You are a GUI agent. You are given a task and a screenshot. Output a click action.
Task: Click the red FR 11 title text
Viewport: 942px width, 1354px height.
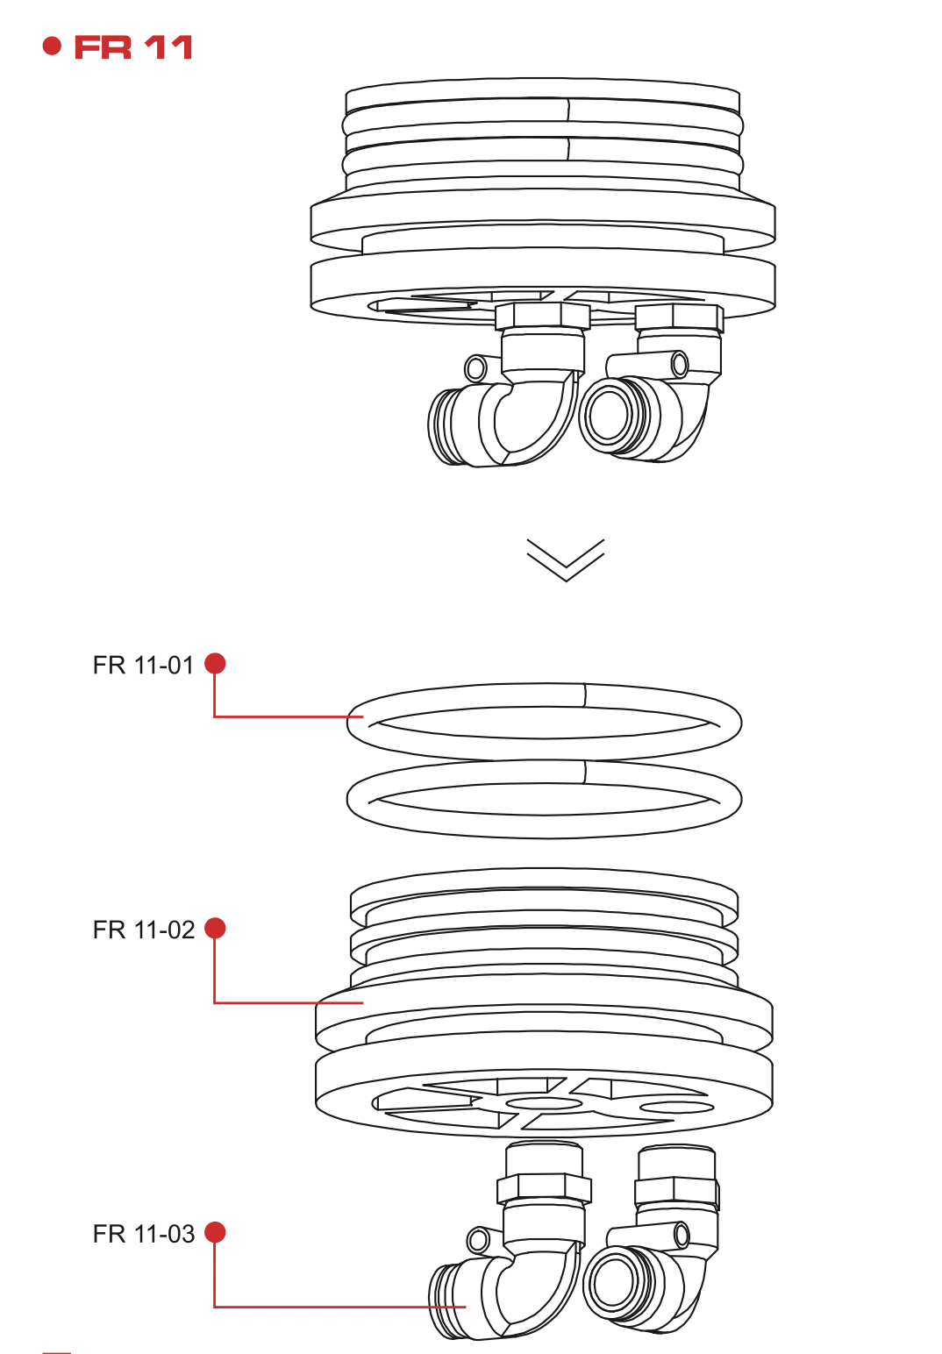click(133, 47)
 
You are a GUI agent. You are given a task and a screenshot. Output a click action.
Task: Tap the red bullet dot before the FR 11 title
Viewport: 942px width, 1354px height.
click(53, 46)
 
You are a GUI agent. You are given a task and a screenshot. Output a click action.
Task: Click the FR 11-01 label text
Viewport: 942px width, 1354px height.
click(143, 666)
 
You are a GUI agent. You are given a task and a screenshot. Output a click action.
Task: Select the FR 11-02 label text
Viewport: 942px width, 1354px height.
click(143, 930)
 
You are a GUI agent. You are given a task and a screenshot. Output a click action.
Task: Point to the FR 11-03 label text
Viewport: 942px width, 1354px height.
click(143, 1234)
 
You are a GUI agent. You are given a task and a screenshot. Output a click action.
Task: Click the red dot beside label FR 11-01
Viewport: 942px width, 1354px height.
click(215, 664)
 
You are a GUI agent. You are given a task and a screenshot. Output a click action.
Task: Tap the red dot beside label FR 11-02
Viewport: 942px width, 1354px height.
click(215, 928)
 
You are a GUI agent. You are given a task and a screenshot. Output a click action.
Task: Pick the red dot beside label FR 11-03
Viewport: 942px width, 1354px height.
click(215, 1232)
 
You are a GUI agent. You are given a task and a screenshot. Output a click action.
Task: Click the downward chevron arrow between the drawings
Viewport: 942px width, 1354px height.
click(566, 559)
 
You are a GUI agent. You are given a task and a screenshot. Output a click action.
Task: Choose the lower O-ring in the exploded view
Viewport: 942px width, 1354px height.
click(544, 827)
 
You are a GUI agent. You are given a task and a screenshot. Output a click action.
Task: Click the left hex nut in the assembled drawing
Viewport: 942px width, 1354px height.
click(542, 316)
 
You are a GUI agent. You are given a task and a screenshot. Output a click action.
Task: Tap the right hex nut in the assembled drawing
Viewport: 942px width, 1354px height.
click(679, 317)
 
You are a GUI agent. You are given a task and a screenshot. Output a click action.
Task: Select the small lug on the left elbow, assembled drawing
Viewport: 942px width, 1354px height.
click(475, 367)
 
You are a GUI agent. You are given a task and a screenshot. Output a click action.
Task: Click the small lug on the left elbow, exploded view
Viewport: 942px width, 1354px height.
click(478, 1240)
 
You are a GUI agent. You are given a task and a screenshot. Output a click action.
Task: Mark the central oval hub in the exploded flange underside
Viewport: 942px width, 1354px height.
click(544, 1103)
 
